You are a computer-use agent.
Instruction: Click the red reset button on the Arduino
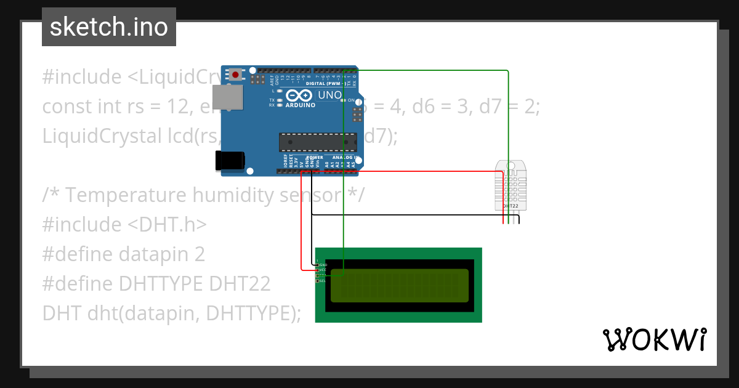235,75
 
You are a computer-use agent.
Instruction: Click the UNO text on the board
329,95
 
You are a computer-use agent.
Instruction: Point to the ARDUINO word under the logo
301,105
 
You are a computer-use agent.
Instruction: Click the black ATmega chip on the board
317,142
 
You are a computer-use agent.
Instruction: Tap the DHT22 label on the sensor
511,206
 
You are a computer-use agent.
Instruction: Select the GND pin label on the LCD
323,265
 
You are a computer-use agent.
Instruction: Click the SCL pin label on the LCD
322,281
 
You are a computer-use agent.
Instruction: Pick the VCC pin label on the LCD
323,270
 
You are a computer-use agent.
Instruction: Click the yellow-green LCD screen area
400,285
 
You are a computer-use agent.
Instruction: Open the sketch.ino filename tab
109,27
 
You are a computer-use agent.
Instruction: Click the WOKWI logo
655,339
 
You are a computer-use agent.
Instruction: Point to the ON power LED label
351,100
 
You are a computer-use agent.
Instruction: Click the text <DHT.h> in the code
167,225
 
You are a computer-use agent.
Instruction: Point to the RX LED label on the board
272,105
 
